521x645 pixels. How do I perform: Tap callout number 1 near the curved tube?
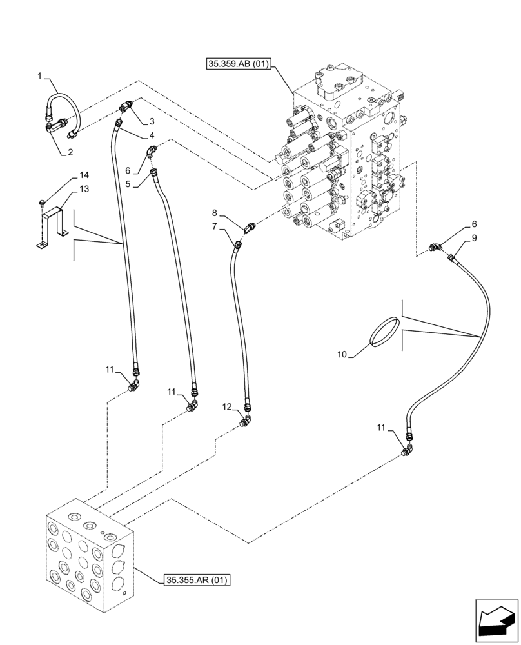[40, 77]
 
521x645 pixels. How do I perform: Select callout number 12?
[226, 406]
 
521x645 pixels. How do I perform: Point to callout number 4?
[152, 135]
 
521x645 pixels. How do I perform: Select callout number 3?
[152, 121]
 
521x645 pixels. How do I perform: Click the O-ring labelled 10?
[385, 331]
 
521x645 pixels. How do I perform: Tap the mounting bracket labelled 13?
[54, 223]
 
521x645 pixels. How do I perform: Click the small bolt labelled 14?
[41, 203]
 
